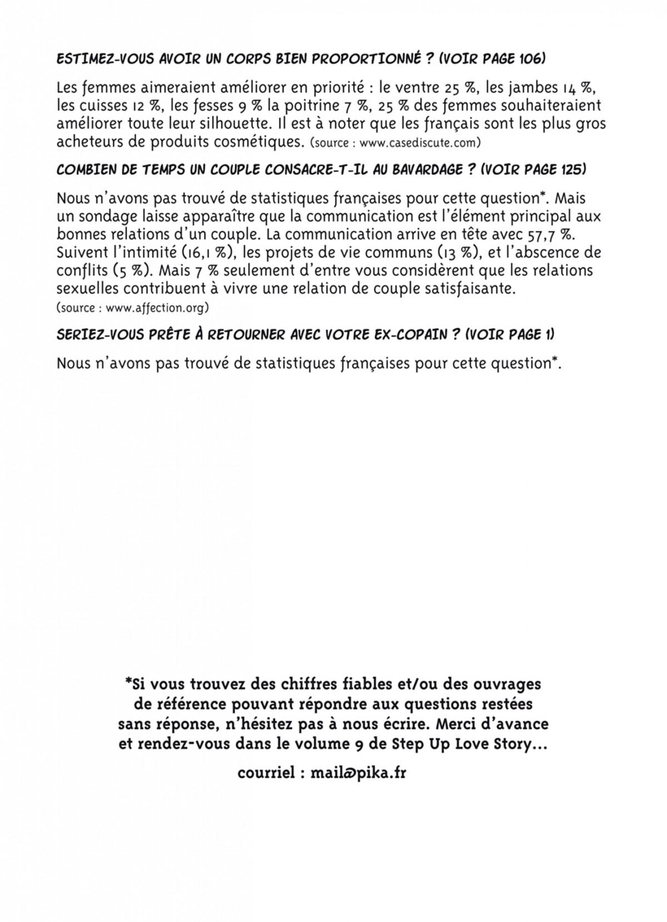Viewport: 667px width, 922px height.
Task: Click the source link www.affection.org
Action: click(156, 307)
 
